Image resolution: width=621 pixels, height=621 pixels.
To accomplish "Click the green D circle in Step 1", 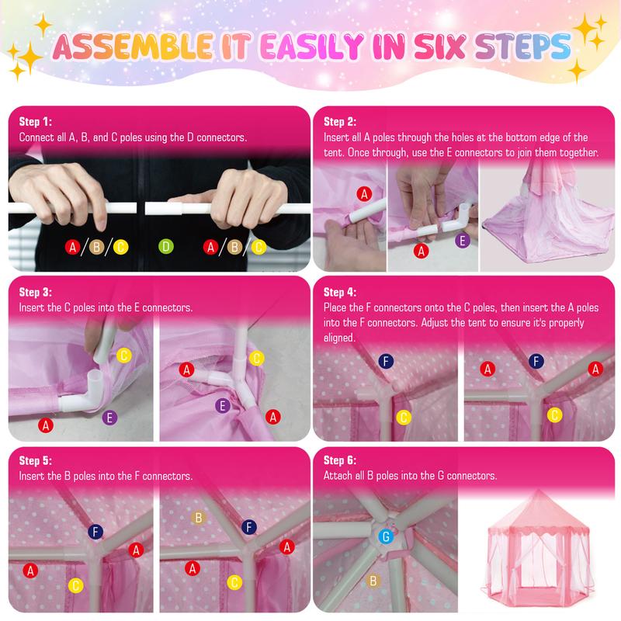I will tap(165, 248).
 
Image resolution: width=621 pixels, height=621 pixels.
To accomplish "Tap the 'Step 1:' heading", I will tap(35, 122).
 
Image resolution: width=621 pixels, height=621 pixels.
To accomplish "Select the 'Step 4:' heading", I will tap(340, 293).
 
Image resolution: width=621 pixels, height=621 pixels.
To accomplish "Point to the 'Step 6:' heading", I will tap(340, 460).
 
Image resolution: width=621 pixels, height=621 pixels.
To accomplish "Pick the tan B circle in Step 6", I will tap(373, 580).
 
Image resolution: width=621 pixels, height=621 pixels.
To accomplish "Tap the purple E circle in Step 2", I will tap(463, 241).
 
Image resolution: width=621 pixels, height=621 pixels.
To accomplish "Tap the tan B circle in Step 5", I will tap(199, 517).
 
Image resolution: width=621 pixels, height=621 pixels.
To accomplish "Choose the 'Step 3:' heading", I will tap(35, 293).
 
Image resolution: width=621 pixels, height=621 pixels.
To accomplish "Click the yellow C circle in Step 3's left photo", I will tap(123, 356).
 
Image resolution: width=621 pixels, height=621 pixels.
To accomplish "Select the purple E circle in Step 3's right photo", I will tap(223, 405).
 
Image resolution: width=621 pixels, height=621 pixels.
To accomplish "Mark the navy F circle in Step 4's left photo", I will tap(385, 361).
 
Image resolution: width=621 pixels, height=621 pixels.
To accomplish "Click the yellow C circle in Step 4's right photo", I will tap(554, 415).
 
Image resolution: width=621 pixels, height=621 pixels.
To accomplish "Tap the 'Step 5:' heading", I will tap(35, 460).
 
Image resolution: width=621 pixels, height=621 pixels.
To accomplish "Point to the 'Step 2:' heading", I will tap(340, 122).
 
